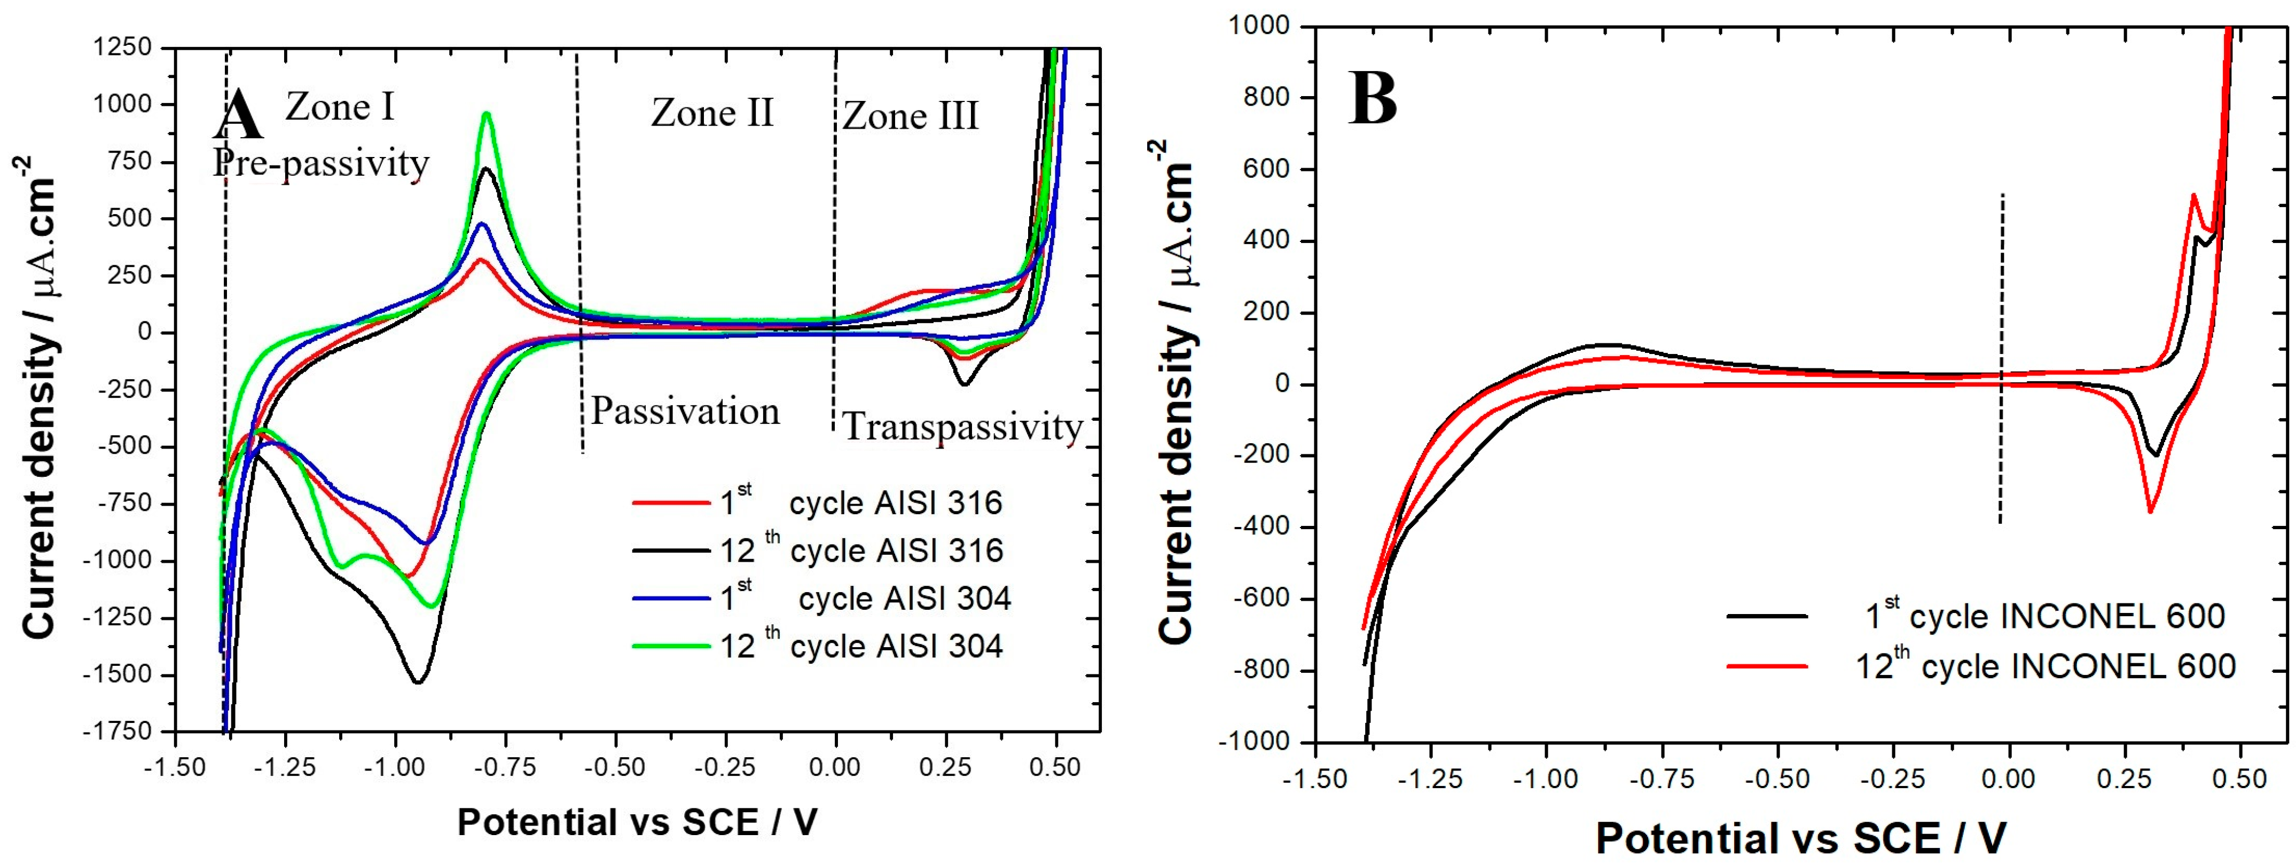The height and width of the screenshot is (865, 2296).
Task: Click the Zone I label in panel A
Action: [340, 108]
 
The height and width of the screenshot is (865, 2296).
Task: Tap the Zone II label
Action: [711, 113]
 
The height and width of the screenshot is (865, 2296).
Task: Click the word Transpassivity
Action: [962, 427]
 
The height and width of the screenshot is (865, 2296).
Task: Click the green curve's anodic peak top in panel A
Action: [487, 113]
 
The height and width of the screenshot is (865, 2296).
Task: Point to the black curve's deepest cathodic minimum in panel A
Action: [417, 682]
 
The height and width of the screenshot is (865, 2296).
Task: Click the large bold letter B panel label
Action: [1373, 99]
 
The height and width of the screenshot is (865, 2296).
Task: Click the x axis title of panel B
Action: [1800, 837]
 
